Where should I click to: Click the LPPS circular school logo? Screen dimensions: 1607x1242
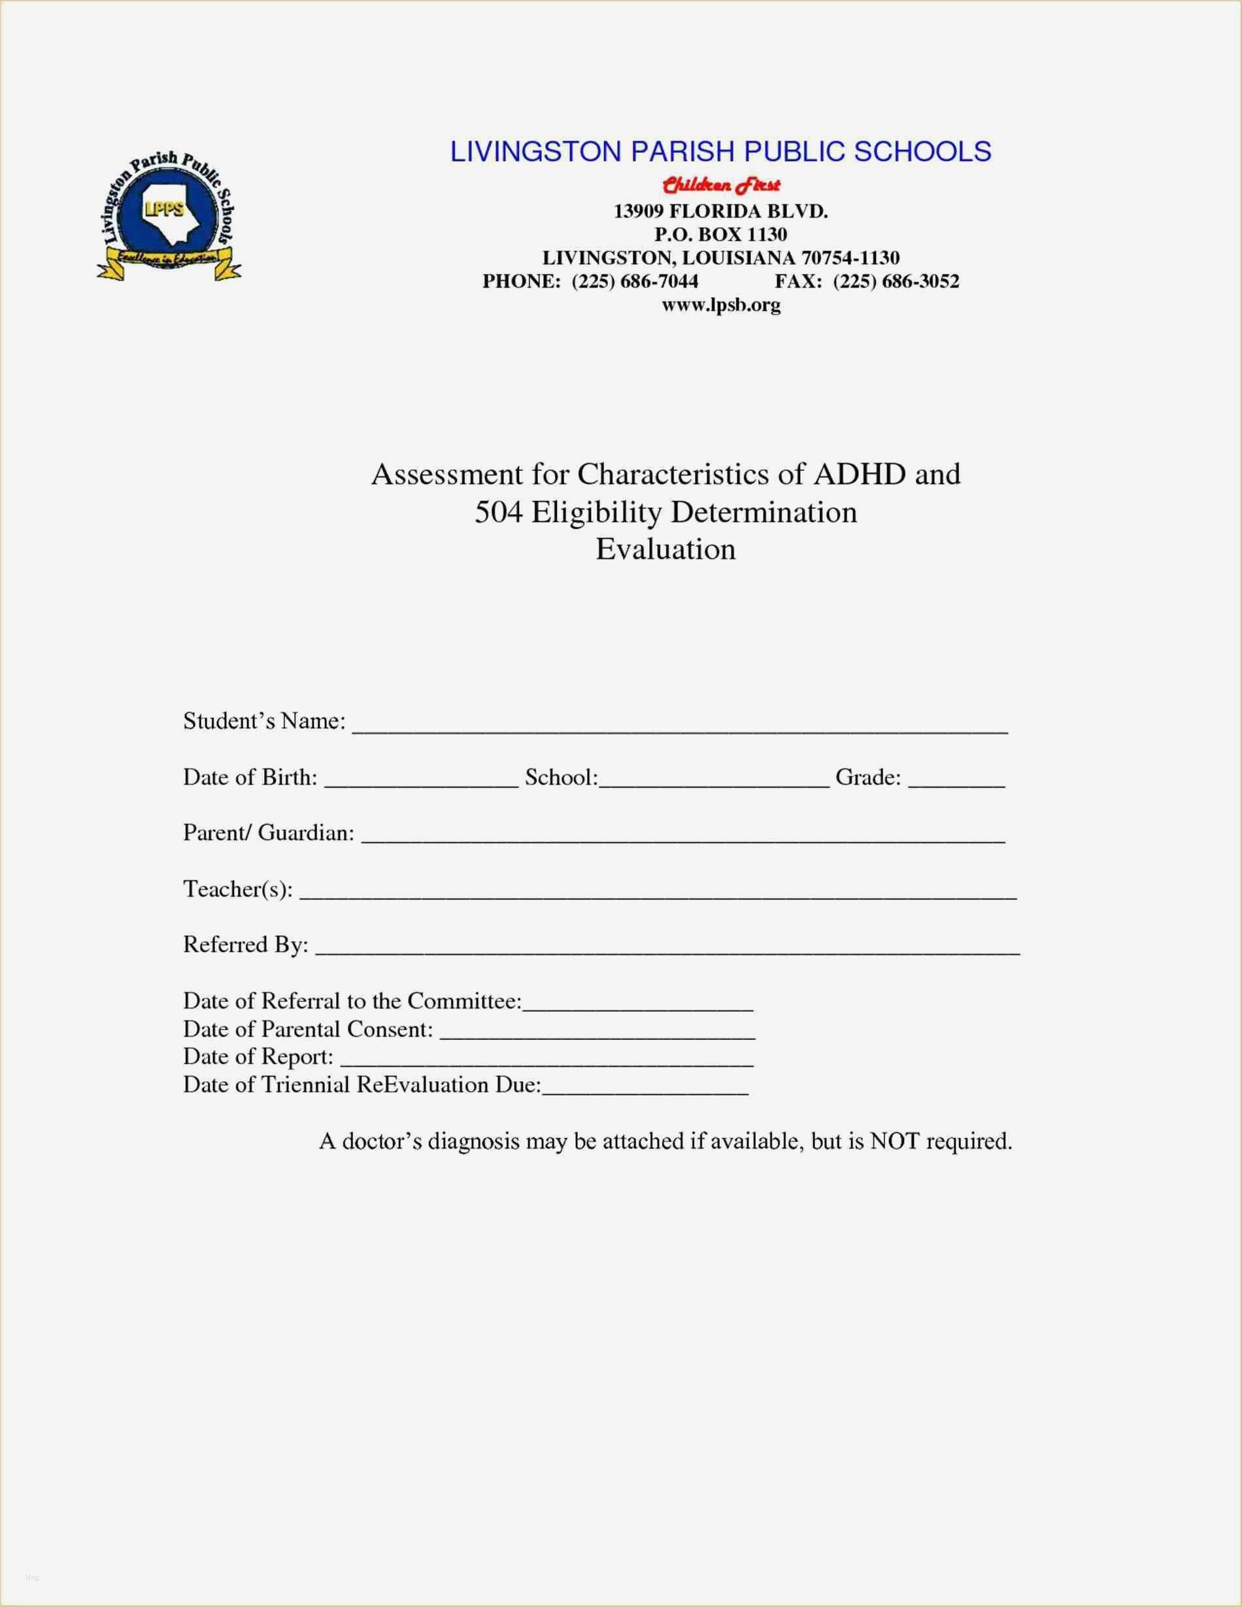pos(169,217)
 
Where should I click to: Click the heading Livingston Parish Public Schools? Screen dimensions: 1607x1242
pos(720,152)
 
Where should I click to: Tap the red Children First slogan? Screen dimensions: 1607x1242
pos(720,184)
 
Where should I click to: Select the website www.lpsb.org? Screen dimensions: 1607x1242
pos(720,305)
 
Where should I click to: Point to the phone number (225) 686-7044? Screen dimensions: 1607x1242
pos(635,281)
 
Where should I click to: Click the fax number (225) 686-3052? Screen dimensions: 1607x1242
pos(896,281)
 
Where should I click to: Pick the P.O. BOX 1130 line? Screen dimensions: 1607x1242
pos(720,235)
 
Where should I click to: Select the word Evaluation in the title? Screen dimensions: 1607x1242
pos(665,549)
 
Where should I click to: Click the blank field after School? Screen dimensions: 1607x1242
pos(714,783)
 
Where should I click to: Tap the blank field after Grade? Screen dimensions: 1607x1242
pos(956,783)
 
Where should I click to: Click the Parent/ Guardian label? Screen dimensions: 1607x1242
pos(269,833)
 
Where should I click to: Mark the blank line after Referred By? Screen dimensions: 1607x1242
pos(667,950)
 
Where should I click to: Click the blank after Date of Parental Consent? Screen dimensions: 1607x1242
pos(597,1034)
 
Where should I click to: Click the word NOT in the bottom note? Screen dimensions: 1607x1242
pos(894,1141)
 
